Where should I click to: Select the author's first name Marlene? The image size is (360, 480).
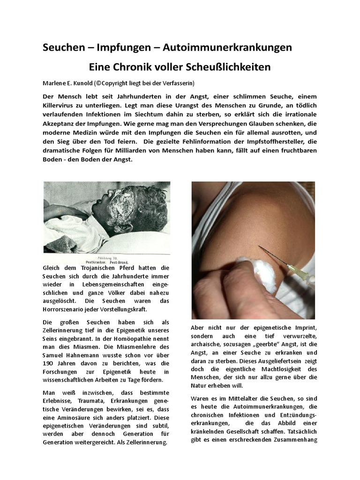pyautogui.click(x=56, y=83)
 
